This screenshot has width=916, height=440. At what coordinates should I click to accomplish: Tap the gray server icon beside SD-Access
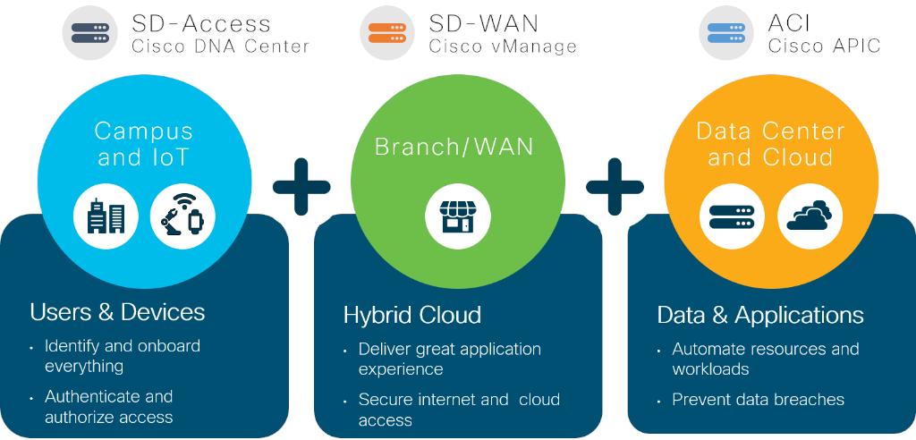click(89, 33)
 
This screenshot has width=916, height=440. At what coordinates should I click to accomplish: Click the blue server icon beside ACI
click(726, 33)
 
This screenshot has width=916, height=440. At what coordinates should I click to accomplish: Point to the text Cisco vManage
click(503, 47)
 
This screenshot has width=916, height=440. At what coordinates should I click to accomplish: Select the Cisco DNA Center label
click(220, 47)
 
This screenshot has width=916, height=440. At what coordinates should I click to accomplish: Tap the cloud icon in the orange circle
click(809, 216)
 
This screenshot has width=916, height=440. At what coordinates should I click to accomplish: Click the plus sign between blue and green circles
click(301, 186)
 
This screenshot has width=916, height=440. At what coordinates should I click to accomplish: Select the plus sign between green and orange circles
click(615, 186)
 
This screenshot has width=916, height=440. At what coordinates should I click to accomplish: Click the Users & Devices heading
click(117, 312)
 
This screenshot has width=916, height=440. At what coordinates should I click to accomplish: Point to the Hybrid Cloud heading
click(411, 315)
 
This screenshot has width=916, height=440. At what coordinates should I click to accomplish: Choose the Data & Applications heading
click(760, 315)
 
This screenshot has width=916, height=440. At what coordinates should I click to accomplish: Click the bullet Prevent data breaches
click(758, 400)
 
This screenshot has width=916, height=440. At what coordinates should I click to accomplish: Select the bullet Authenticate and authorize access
click(108, 406)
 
